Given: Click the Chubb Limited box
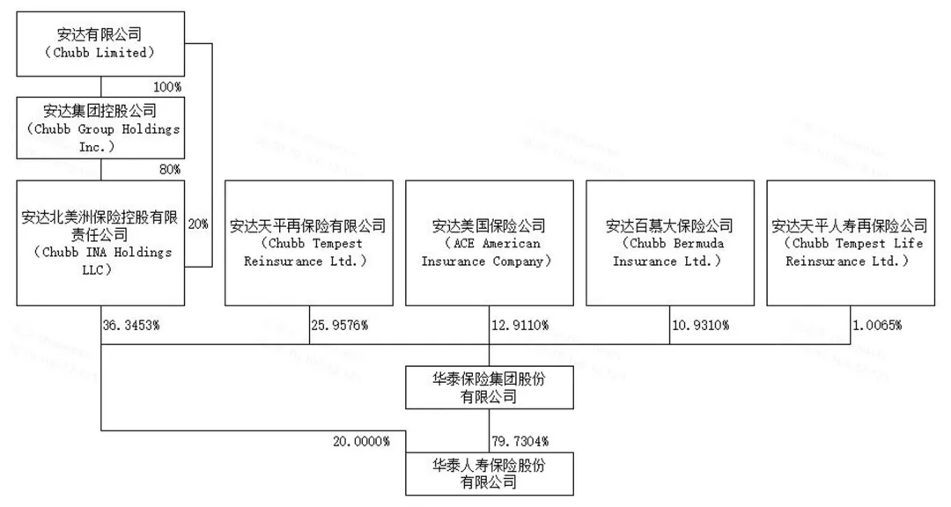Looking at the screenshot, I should tap(101, 44).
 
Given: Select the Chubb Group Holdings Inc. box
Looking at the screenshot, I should tap(101, 129).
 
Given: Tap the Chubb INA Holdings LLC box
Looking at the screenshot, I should tap(101, 243).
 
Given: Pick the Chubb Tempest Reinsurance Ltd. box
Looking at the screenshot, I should tap(308, 243).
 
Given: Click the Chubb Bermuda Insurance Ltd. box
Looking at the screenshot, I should tap(669, 243).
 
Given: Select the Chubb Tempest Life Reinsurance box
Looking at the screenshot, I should tap(850, 243).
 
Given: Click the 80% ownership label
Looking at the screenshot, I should tap(170, 169).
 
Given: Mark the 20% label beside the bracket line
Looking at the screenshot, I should tap(198, 224).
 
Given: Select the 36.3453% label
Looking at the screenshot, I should tap(130, 325).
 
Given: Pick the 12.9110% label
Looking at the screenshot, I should tap(520, 325).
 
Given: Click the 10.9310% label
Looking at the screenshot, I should tap(700, 325).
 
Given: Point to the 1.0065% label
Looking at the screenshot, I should tap(876, 325).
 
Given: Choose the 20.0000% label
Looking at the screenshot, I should tap(361, 440).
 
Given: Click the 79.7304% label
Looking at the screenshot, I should tap(520, 440).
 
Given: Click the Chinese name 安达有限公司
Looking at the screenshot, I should tap(101, 34).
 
